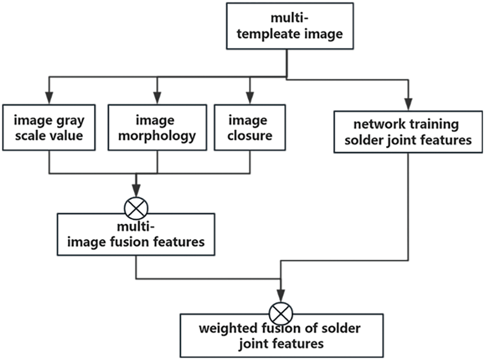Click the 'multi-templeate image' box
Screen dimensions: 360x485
click(x=290, y=26)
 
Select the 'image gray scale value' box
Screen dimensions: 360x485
click(x=49, y=127)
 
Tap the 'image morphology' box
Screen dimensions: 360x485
click(x=157, y=127)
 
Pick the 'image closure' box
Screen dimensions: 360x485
click(x=250, y=127)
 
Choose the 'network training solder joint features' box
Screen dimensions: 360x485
click(x=408, y=132)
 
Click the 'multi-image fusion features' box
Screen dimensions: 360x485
click(x=136, y=235)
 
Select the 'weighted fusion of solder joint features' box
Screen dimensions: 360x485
click(x=281, y=336)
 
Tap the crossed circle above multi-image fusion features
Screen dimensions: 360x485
click(x=136, y=209)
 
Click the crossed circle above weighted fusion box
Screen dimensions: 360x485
click(x=281, y=312)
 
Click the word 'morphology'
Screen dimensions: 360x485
click(x=157, y=136)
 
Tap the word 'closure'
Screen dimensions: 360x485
click(x=250, y=136)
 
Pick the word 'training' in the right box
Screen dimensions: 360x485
click(x=438, y=125)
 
